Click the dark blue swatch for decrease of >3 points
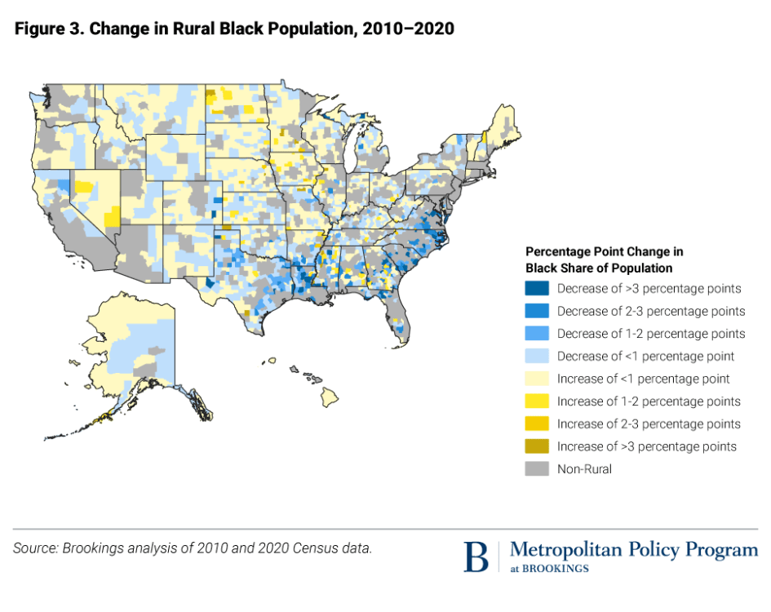point(536,289)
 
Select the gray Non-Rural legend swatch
point(536,469)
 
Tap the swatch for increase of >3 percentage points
point(536,446)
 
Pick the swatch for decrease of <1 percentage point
point(536,357)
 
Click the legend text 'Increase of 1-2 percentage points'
point(649,401)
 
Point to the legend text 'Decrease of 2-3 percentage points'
point(650,311)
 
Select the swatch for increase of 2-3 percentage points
point(536,424)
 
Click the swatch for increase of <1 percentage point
point(536,379)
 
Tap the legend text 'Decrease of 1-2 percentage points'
point(650,334)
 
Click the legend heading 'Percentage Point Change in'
point(604,251)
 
